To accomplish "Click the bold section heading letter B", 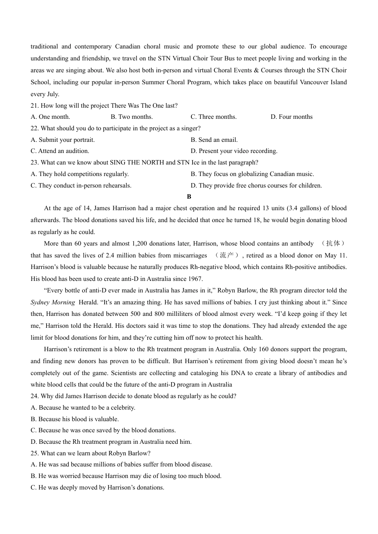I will pos(189,197).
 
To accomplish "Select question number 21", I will pos(35,106).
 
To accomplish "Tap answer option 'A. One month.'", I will pos(51,117).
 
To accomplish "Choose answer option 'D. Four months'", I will pos(291,117).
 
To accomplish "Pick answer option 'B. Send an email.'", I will pos(214,140).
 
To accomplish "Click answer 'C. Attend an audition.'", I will pos(60,151).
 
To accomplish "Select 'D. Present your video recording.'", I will pos(234,151).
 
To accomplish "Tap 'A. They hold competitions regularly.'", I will pos(80,174).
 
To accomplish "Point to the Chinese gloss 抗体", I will pos(333,243).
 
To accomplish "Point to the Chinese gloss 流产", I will pos(227,255).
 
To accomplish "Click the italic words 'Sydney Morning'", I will pos(53,302).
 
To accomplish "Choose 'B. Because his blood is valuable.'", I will pos(75,419).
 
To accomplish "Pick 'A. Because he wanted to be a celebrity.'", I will pos(83,408).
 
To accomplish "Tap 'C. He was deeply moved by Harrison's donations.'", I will pos(97,488).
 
